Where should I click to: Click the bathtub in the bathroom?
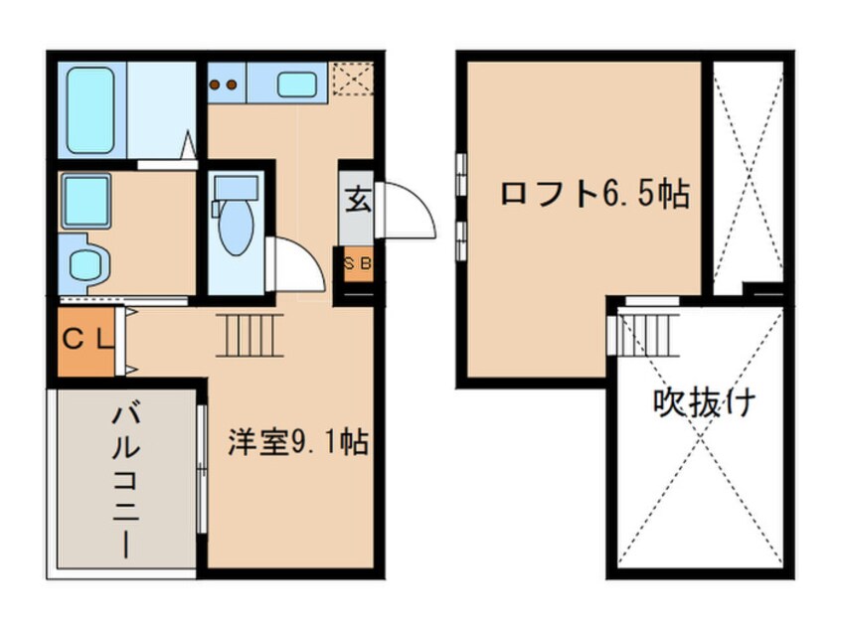point(91,108)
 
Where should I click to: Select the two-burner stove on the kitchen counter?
point(225,84)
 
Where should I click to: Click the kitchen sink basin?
point(295,84)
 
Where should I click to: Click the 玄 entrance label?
point(358,199)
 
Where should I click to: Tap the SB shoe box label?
point(357,263)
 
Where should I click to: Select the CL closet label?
point(87,339)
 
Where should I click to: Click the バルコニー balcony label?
point(125,476)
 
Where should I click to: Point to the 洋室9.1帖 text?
point(297,441)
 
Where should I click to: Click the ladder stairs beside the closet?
point(250,334)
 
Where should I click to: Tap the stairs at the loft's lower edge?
point(647,332)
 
